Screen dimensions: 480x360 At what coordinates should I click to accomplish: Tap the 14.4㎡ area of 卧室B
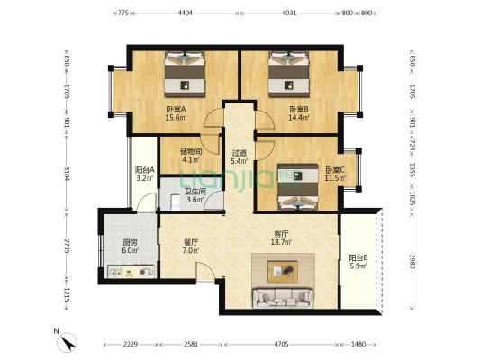point(299,118)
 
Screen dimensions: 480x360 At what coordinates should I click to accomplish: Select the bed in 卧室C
point(298,187)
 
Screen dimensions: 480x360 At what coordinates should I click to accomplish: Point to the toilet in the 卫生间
point(176,202)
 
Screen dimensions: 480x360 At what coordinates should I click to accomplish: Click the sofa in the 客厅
point(283,298)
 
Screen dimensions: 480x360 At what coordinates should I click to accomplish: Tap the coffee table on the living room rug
point(283,271)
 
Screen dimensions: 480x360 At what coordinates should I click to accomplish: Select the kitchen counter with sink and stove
point(131,271)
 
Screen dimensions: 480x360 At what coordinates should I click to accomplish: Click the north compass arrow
point(67,343)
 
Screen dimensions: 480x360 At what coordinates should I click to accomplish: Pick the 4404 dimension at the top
point(186,13)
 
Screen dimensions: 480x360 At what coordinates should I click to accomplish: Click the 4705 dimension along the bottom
point(281,344)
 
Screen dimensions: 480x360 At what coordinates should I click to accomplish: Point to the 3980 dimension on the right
point(412,262)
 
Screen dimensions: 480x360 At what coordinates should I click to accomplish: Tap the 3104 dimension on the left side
point(67,174)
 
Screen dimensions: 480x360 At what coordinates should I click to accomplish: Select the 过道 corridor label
point(239,153)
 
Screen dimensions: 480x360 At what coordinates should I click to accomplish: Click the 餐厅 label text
point(191,242)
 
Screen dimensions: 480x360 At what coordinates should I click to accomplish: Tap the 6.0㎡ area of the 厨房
point(130,250)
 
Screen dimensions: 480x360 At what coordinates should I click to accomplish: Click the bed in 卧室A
point(185,75)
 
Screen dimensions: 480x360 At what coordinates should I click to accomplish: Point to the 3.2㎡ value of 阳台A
point(144,178)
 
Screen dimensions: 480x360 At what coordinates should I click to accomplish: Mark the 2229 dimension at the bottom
point(131,344)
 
